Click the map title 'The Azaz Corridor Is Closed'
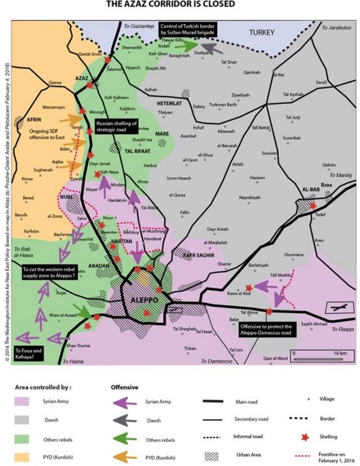[x=180, y=5]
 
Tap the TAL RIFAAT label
[x=139, y=152]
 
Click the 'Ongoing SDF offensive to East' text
[x=42, y=138]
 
